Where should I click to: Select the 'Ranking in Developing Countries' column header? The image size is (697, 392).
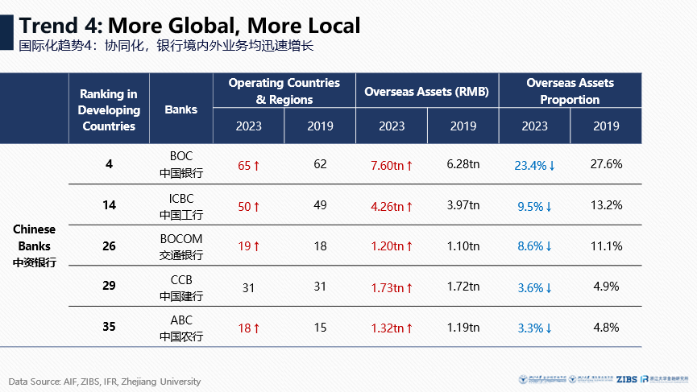pos(110,109)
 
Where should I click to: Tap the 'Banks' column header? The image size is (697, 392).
pos(180,109)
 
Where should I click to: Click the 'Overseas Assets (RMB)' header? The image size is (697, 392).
pos(427,92)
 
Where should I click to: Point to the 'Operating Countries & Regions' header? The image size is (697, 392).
pos(284,92)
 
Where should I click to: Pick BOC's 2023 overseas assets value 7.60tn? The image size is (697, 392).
pos(392,165)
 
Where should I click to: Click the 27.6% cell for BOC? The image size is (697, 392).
pos(606,164)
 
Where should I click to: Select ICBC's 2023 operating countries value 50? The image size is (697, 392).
pos(248,206)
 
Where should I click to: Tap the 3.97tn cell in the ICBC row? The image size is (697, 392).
pos(463,206)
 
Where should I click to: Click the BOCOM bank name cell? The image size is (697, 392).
pos(180,246)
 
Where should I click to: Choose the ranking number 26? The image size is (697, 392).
pos(110,246)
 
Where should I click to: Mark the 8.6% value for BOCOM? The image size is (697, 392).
pos(534,246)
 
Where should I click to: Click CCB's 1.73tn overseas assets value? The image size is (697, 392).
pos(392,287)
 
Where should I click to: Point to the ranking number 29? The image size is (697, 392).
pos(110,287)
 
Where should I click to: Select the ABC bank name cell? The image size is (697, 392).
pos(180,328)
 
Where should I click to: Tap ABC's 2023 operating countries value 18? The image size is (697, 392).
pos(248,328)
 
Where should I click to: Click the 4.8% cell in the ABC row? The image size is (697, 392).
pos(606,328)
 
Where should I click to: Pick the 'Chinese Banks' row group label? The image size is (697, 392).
pos(35,246)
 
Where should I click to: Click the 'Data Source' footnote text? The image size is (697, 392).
pos(105,382)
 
